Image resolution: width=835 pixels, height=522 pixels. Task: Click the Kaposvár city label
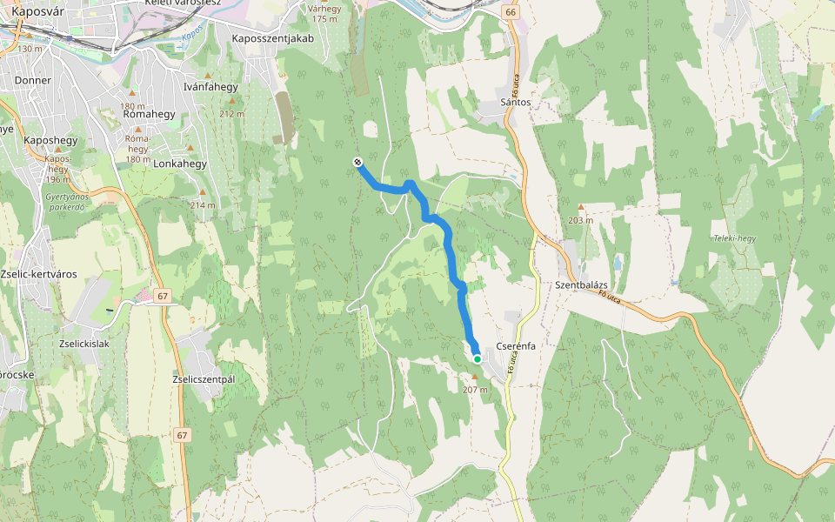pos(42,11)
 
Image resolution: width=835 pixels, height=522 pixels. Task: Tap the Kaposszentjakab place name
pos(272,38)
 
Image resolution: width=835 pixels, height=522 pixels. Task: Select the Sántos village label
pos(516,102)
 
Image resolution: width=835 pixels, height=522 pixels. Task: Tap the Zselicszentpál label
pos(204,379)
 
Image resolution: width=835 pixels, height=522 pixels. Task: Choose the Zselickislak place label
pos(84,343)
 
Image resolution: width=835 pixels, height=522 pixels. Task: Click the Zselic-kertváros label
pos(40,274)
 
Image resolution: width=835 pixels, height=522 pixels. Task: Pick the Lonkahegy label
pos(180,164)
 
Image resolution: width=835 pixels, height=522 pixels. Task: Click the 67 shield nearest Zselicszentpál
pos(181,435)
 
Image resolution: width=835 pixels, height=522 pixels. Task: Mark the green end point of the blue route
pos(478,358)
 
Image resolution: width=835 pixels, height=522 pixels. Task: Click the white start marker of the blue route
pos(357,162)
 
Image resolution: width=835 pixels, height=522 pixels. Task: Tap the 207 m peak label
pos(476,389)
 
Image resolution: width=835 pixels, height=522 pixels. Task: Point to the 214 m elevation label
pos(202,204)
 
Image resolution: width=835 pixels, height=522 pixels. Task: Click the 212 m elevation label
pos(232,114)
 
